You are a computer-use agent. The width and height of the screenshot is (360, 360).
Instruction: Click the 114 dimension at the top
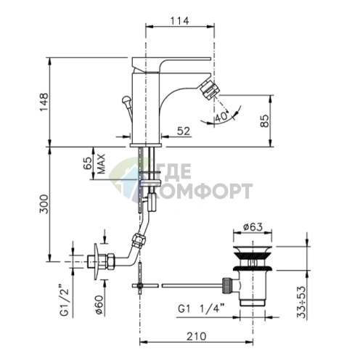point(179,21)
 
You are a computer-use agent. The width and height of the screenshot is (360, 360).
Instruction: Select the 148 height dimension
point(44,102)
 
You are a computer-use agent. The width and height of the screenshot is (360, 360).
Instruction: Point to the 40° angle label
point(221,117)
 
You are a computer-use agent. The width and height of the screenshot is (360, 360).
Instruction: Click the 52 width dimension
point(184,131)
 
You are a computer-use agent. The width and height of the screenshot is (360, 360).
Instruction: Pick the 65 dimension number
point(88,163)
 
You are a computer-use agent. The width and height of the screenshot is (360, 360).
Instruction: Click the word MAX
point(102,164)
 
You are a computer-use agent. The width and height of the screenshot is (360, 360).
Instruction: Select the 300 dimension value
point(44,204)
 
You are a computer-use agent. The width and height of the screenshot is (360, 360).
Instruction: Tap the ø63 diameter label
point(253,227)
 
